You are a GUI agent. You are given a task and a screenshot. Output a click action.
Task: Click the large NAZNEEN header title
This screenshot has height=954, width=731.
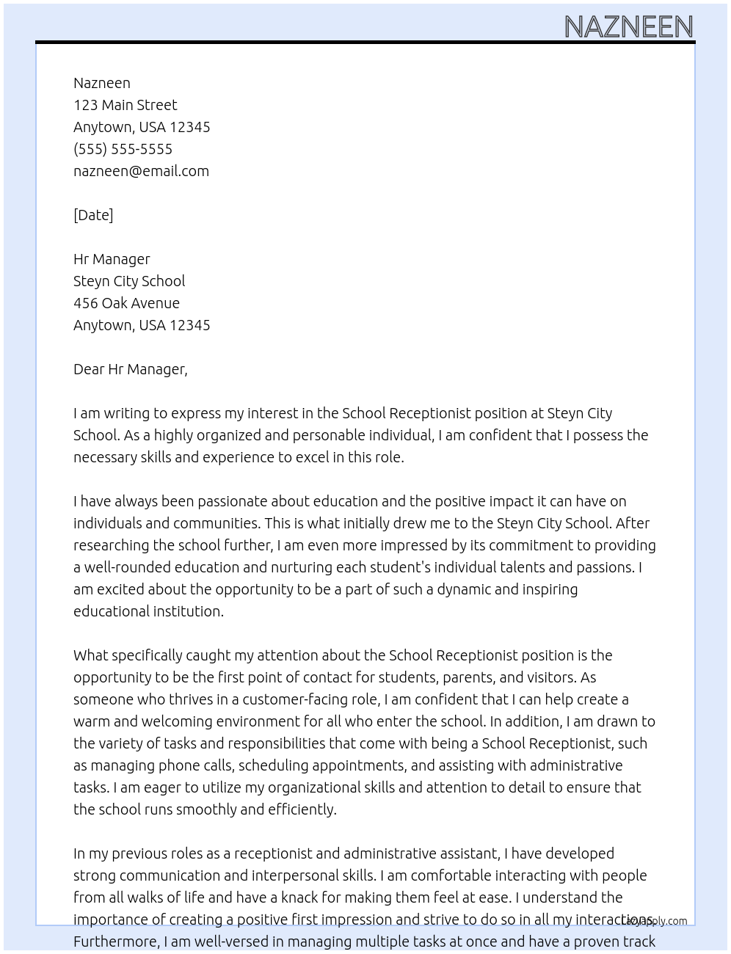628,27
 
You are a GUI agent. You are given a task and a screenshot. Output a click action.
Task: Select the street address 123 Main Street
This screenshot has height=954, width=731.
125,105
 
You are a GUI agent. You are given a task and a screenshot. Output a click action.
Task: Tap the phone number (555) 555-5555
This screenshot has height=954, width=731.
123,149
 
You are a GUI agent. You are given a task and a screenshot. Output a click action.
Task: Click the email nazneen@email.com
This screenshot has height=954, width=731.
141,171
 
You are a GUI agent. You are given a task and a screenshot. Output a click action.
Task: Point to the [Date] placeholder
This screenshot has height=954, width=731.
93,215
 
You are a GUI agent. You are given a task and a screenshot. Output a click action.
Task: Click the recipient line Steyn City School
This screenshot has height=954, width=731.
129,281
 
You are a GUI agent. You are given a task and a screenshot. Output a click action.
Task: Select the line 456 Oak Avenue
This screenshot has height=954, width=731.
126,303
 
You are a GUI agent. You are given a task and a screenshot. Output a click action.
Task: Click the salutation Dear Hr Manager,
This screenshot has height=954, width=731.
130,369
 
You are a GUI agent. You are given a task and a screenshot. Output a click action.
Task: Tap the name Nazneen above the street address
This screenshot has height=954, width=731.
102,83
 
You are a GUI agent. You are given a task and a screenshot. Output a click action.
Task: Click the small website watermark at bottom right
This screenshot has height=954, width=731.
655,921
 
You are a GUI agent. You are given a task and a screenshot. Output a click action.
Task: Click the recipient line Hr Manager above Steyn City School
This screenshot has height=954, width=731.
112,259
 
